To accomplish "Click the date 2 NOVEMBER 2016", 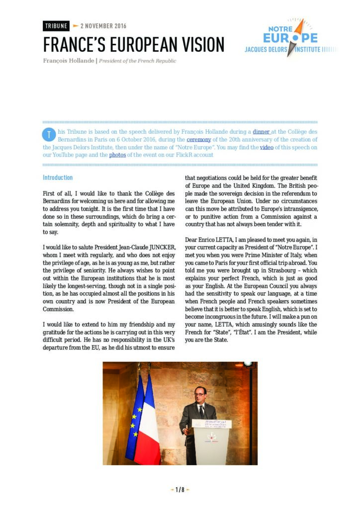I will point(103,26).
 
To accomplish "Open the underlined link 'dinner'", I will point(262,132).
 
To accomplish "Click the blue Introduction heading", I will point(58,177).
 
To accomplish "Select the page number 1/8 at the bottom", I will point(180,490).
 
